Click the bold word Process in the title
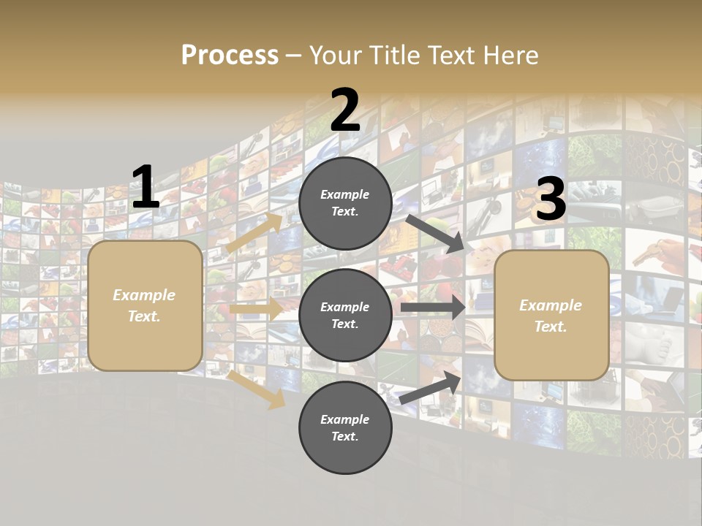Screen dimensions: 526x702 point(230,56)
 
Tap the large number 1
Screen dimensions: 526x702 point(145,188)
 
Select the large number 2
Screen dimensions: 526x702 point(345,110)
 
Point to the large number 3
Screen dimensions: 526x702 point(551,200)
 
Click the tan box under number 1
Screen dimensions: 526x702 point(145,305)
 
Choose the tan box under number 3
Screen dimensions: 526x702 point(551,315)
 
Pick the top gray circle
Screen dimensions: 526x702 point(346,203)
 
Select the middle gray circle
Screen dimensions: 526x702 point(346,315)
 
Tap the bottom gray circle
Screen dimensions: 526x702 point(346,427)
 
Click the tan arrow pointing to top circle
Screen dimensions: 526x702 point(254,232)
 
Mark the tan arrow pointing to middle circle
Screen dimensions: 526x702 point(256,309)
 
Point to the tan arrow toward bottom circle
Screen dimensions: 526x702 point(257,389)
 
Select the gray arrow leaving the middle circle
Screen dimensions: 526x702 point(432,308)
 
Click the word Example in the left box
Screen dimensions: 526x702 point(144,295)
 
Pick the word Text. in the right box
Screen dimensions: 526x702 point(551,327)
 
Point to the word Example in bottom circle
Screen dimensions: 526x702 point(345,419)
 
